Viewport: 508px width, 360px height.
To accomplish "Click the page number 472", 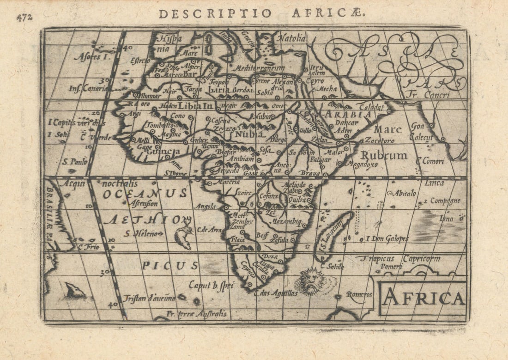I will point(24,18).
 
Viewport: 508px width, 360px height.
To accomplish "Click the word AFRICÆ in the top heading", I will point(328,13).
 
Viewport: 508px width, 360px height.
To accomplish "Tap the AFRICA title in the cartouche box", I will point(423,299).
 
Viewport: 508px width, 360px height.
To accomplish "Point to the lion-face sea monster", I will point(310,280).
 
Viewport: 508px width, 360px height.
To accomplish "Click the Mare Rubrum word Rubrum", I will point(384,155).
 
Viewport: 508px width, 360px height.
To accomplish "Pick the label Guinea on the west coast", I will point(164,151).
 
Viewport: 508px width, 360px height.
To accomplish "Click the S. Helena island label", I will point(143,233).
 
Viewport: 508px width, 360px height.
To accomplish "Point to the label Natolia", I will point(291,38).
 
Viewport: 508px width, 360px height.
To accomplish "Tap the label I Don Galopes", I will point(387,239).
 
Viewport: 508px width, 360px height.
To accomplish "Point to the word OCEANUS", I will point(145,194).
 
